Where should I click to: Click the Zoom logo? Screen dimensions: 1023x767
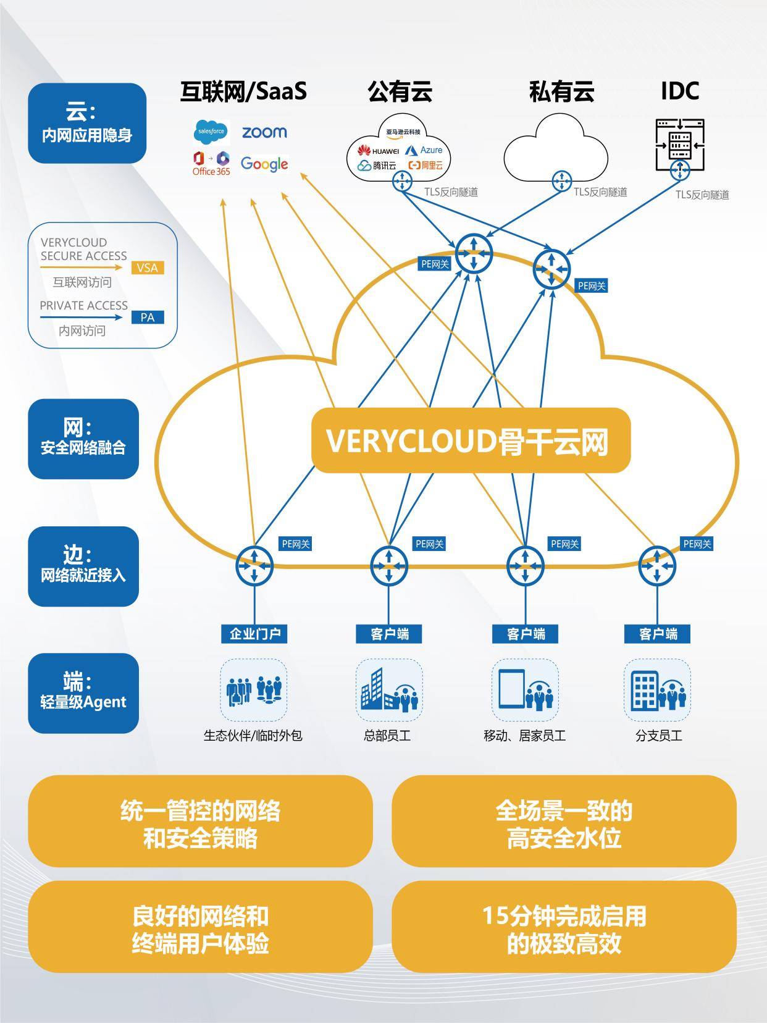pos(264,132)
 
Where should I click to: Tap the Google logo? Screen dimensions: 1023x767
pos(264,164)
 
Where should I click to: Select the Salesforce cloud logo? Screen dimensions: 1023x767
pos(211,132)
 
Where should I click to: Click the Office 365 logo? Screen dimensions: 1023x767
pos(211,164)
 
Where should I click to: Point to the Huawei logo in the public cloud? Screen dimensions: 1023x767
pos(378,151)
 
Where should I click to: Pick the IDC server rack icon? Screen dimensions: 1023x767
pos(680,146)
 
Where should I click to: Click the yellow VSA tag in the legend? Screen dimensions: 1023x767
pos(148,267)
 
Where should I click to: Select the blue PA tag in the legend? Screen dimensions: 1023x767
pos(148,318)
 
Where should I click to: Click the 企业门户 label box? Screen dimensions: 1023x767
pos(254,634)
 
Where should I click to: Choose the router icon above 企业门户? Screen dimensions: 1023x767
pos(254,565)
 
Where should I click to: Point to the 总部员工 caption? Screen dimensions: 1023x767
pos(387,736)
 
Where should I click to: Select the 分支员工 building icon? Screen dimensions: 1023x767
pos(645,691)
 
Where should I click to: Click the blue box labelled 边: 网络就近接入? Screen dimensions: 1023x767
pos(83,566)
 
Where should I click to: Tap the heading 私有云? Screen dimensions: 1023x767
pos(561,91)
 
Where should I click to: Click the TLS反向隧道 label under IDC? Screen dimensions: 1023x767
pos(702,195)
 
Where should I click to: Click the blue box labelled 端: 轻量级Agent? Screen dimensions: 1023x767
pos(83,693)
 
